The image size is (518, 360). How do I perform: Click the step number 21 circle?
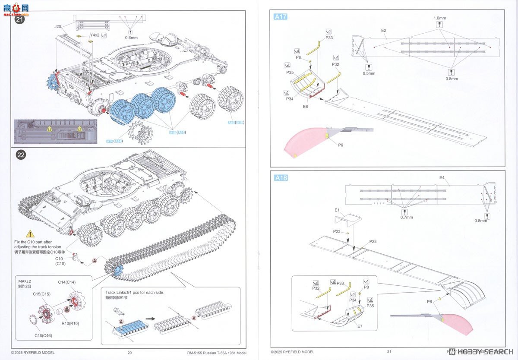[20, 19]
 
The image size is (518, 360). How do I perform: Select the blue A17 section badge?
[280, 17]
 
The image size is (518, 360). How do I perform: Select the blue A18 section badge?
[281, 177]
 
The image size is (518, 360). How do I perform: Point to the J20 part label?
[58, 27]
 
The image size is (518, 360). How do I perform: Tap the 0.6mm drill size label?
[131, 37]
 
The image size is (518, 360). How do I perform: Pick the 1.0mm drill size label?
[440, 18]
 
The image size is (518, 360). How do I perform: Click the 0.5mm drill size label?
[369, 73]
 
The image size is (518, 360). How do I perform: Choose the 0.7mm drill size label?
[406, 218]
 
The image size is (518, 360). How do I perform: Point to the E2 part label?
[384, 30]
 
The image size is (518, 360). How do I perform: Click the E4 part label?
[442, 178]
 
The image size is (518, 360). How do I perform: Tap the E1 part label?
[337, 210]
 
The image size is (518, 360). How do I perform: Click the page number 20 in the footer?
[129, 352]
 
